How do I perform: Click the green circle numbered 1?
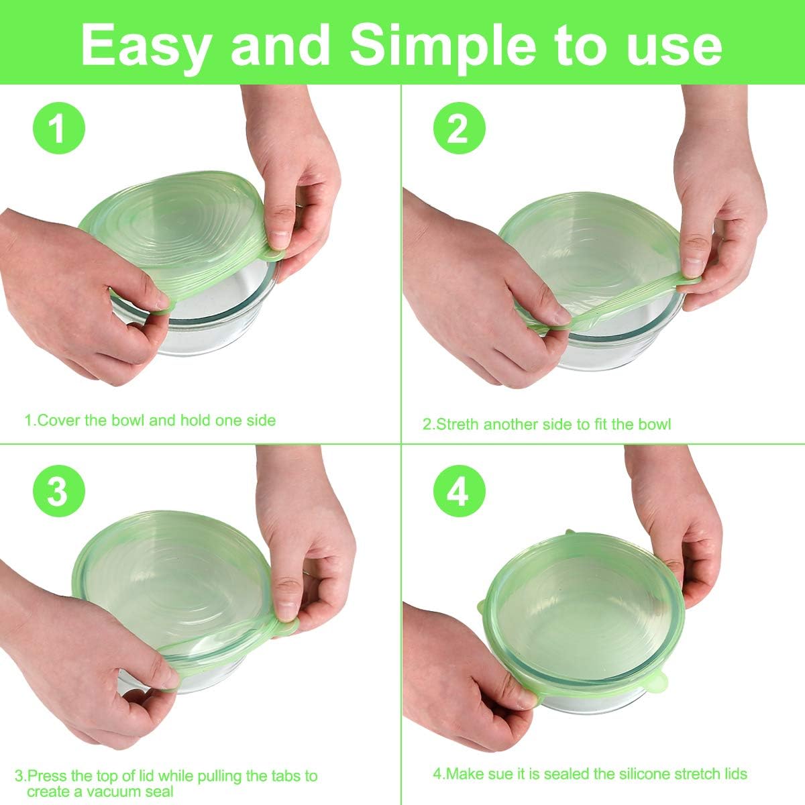pos(58,128)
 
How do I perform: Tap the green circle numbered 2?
pos(458,128)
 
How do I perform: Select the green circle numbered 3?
pos(58,492)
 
